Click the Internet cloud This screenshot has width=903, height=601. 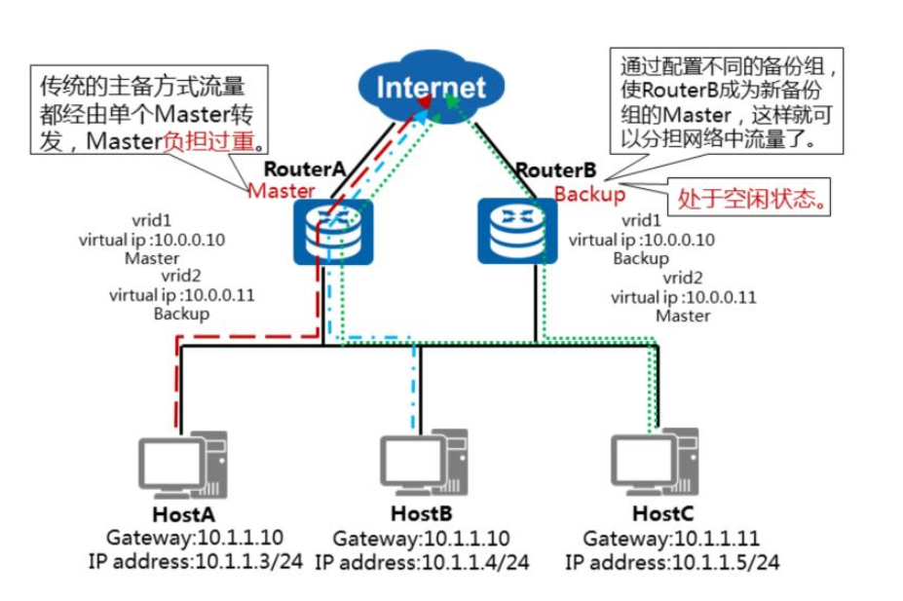430,87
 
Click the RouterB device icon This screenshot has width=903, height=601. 517,231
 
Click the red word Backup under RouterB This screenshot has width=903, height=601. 589,194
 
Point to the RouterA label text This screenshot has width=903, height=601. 305,169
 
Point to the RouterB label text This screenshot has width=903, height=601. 548,170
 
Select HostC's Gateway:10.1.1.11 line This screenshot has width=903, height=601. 671,539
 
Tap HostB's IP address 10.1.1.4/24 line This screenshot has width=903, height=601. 422,562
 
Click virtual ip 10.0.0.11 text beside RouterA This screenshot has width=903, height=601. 181,295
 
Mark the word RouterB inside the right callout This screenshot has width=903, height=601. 676,92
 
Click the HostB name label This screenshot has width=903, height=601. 420,512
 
